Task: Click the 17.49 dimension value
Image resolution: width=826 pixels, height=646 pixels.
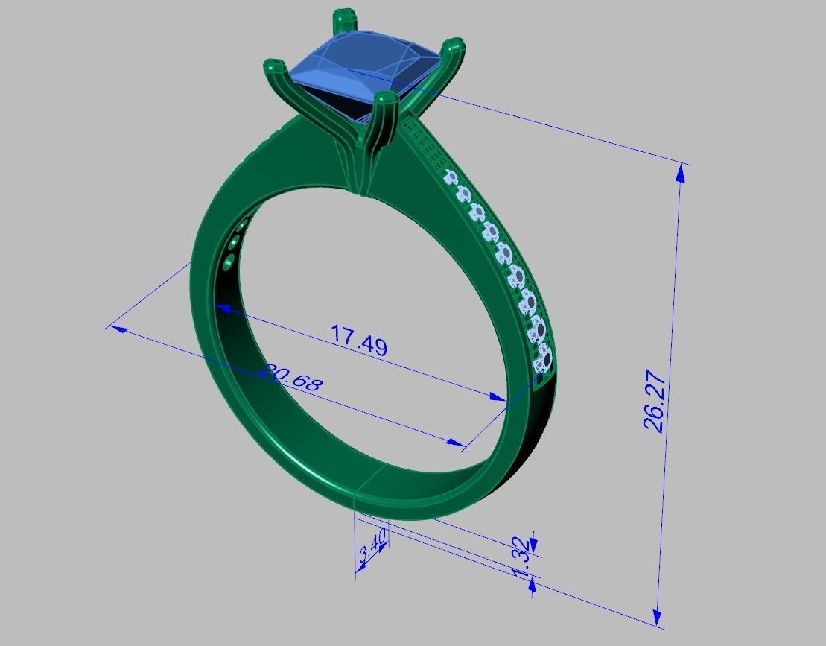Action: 358,341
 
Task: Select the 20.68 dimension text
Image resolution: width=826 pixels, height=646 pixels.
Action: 290,379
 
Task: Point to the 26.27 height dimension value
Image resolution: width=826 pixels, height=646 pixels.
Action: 653,408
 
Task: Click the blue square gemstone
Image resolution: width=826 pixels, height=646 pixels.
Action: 363,71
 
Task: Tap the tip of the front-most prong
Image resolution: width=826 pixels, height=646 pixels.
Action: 385,99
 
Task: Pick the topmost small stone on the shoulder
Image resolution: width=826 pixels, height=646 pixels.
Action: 451,177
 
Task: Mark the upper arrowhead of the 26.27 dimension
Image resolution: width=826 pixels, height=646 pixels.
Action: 679,172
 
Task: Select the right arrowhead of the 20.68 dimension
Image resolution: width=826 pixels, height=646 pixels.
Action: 455,443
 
